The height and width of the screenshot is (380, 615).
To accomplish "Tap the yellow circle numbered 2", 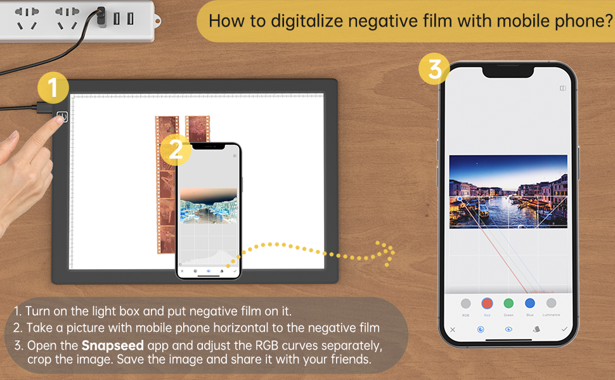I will coord(176,149).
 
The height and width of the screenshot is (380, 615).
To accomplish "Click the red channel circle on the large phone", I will coord(487,303).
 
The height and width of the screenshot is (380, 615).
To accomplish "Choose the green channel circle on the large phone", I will coord(508,303).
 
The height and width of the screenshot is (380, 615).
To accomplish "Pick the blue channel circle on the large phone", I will coord(530,303).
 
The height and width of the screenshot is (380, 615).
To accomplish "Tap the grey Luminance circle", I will coord(551,303).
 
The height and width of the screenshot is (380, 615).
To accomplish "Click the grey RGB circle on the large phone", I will coord(466,303).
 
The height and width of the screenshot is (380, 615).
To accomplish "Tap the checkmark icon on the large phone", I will coord(564,329).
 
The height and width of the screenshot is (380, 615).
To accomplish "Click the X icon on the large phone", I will coord(453,329).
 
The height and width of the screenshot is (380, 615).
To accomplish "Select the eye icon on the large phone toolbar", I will coord(508,329).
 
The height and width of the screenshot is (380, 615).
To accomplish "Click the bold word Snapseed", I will coord(108,346).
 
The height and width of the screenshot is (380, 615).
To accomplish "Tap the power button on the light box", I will coord(61,117).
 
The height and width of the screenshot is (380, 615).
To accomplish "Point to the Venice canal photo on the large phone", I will coord(508,191).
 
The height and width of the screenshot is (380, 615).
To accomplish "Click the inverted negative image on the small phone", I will coord(209,204).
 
